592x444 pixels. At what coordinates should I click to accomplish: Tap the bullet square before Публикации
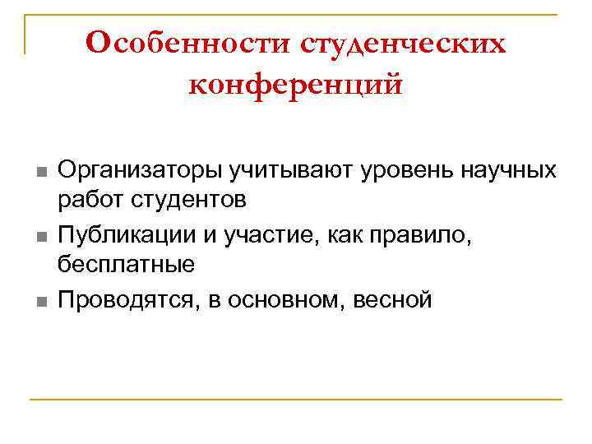tap(39, 238)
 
